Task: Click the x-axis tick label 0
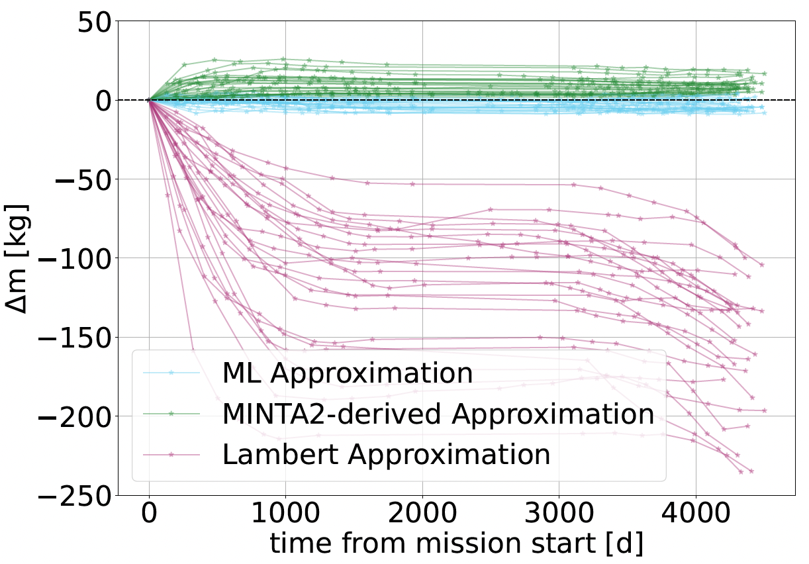(149, 514)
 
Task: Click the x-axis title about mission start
(456, 544)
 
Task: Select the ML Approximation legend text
(348, 373)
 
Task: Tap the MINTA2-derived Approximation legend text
(438, 414)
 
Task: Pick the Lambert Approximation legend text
(387, 455)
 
